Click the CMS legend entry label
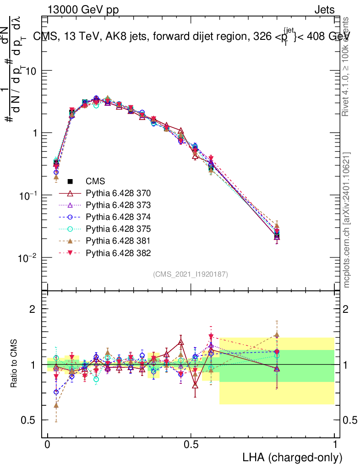[x=96, y=181]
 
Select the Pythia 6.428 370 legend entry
[x=118, y=193]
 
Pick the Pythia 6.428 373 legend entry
[x=118, y=205]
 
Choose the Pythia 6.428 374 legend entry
[x=118, y=217]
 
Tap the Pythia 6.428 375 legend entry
[x=118, y=229]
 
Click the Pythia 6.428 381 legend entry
[x=118, y=240]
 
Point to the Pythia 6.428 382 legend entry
[x=118, y=252]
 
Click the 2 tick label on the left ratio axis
[x=33, y=309]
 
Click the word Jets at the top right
[x=324, y=10]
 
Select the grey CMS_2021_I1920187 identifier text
[x=191, y=274]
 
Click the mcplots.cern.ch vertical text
[x=347, y=220]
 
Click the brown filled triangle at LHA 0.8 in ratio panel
[x=277, y=334]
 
